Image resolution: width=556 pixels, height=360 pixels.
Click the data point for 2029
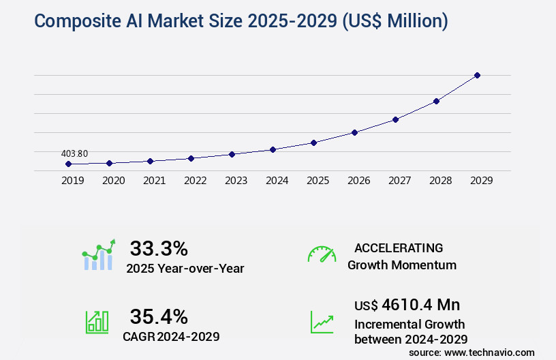coord(477,75)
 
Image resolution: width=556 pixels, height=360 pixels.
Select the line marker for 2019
coord(68,164)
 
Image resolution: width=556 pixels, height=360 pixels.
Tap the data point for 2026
coord(354,132)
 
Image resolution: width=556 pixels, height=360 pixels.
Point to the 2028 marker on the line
coord(436,101)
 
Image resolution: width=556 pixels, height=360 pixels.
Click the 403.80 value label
coord(74,153)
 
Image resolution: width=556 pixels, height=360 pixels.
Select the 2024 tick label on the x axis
coord(277,181)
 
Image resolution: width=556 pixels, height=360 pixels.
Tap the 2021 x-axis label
coord(154,181)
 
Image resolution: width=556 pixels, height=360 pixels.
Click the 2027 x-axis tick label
coord(399,181)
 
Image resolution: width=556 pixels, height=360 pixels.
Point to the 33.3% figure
coord(159,248)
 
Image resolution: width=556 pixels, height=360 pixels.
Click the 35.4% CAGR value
coord(159,316)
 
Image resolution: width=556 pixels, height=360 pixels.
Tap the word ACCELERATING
coord(399,248)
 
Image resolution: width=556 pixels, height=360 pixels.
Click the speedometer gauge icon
coord(322,254)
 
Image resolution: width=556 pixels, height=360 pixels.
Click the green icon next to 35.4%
coord(97,322)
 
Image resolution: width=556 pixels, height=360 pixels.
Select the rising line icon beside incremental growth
coord(322,322)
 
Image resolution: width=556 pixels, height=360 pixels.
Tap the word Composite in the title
coord(75,20)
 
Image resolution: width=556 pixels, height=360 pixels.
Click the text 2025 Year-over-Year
coord(185,269)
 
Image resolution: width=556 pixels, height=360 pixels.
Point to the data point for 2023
coord(232,154)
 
